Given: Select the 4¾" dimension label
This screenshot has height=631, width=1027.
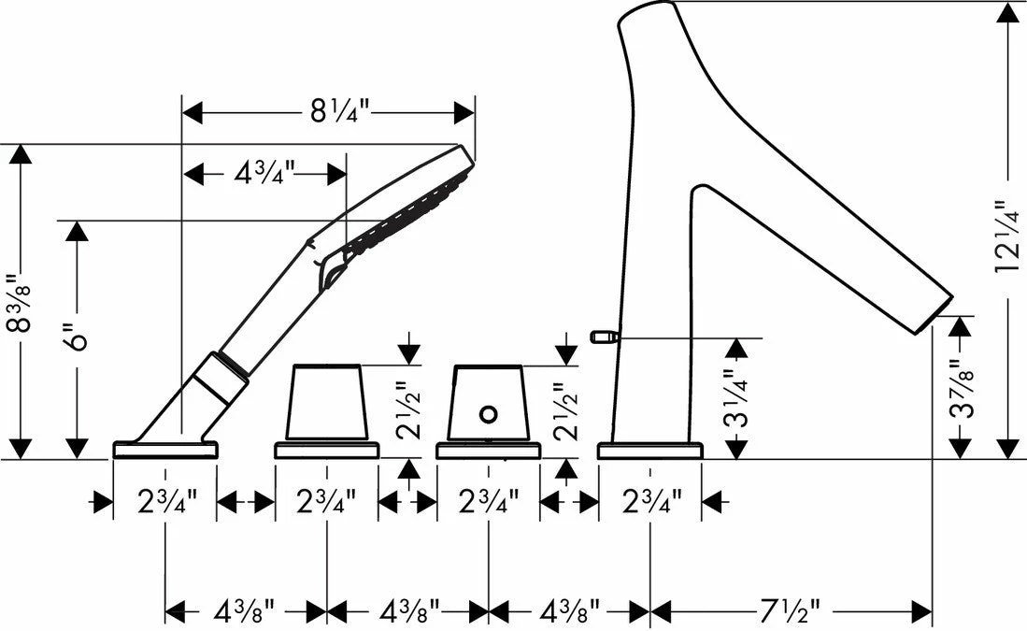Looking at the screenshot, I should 264,173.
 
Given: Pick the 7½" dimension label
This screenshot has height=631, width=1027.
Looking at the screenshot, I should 791,612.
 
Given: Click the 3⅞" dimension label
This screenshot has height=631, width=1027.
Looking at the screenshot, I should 957,393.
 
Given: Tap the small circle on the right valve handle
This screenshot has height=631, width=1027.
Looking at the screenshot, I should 487,413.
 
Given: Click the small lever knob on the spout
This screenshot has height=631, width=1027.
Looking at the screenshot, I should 604,336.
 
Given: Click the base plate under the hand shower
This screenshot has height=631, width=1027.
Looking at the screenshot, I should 165,450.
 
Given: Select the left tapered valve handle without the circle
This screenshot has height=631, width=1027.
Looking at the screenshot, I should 325,402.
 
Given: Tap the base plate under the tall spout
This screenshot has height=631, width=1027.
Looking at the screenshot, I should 649,451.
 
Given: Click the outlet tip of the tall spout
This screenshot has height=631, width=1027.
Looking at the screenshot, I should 938,314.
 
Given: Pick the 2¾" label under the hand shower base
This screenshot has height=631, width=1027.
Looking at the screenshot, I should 165,503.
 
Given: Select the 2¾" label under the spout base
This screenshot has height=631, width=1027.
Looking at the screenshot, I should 649,503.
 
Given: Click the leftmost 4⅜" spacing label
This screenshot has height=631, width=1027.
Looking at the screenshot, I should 245,612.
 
